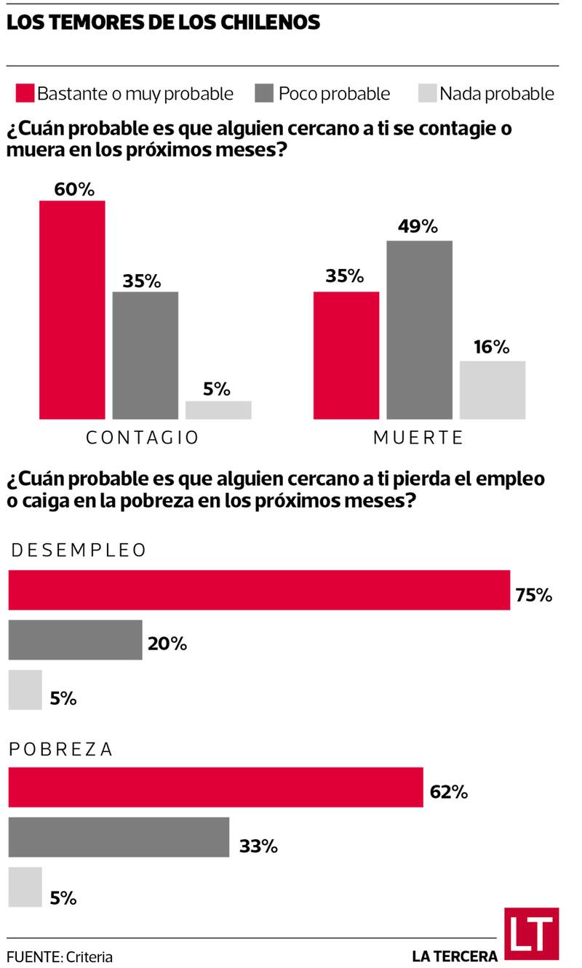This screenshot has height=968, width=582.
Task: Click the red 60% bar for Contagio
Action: click(72, 309)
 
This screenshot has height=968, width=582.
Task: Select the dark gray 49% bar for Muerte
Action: click(419, 329)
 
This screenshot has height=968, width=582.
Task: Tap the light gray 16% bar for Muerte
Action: click(493, 390)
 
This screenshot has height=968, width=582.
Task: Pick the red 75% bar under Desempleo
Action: click(259, 590)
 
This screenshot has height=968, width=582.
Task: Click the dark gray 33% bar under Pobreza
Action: click(119, 837)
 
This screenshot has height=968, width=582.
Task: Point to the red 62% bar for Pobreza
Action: click(215, 787)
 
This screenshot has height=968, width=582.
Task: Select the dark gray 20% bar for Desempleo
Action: click(75, 640)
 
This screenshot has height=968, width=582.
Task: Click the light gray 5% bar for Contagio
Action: click(218, 410)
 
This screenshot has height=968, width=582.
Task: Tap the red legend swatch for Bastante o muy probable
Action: click(24, 94)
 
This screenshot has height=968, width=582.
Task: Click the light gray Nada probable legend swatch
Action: click(428, 94)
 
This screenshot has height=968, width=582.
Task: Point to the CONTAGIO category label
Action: click(143, 438)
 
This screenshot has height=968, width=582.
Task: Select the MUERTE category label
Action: click(418, 438)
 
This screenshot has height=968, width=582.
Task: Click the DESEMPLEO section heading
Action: click(78, 551)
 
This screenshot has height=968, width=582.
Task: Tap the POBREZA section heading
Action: click(61, 750)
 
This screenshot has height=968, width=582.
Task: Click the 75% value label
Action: click(534, 595)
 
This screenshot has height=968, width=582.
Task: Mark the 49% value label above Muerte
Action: click(418, 226)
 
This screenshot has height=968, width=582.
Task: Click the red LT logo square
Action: click(531, 935)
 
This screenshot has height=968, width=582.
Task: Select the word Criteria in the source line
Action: click(89, 957)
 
